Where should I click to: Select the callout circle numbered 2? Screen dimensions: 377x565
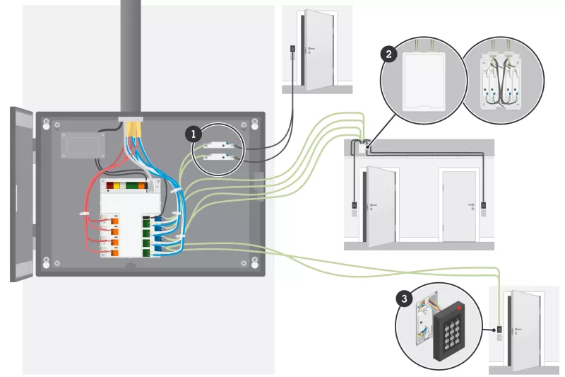(388, 53)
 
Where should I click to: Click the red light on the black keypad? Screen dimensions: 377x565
(460, 309)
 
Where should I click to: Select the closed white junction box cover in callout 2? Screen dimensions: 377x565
(423, 81)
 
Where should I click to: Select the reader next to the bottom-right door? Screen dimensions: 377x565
(499, 330)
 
